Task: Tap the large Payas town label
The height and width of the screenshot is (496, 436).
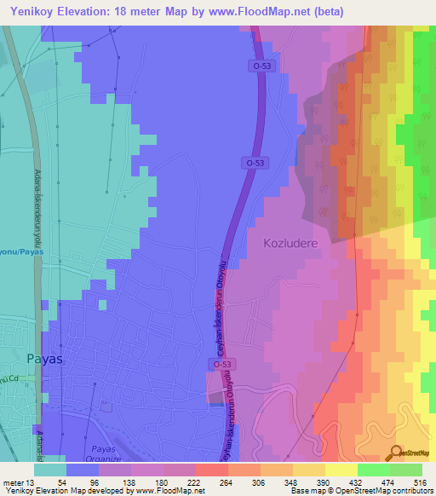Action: pos(44,359)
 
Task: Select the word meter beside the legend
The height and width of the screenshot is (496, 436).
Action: pos(14,482)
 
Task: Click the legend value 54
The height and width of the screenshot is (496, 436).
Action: pos(61,482)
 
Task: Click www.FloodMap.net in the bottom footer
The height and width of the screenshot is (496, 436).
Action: pos(163,491)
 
